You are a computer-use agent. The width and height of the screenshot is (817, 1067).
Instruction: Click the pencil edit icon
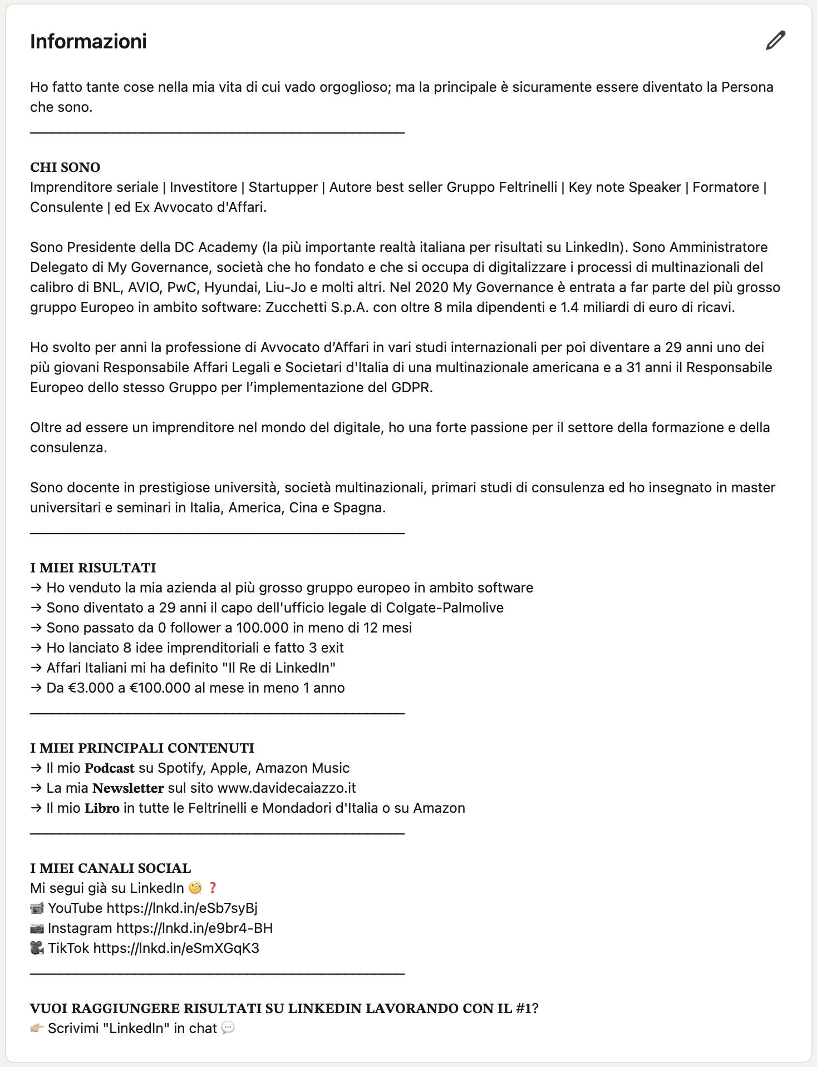tap(775, 41)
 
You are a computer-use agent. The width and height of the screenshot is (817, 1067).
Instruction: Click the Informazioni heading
tap(88, 42)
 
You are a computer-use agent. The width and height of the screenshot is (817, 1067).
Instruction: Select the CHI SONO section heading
tap(65, 167)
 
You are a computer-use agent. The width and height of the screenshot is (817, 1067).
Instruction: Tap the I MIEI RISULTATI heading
tap(93, 568)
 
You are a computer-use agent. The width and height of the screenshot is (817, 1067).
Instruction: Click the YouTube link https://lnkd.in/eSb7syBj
tap(182, 908)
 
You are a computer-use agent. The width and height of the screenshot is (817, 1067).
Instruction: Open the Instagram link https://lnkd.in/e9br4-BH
tap(194, 928)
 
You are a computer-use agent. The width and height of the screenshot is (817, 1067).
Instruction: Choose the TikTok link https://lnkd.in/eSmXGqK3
tap(176, 949)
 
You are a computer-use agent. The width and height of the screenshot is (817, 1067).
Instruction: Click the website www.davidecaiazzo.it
tap(287, 788)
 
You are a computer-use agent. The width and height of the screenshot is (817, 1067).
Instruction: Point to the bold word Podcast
tap(110, 768)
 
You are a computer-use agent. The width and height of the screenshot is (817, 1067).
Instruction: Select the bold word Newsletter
tap(128, 788)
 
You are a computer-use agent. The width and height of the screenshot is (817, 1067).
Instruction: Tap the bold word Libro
tap(102, 808)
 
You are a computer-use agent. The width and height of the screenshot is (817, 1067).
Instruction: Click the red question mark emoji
tap(213, 888)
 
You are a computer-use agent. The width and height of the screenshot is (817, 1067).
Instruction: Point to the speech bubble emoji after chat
tap(228, 1028)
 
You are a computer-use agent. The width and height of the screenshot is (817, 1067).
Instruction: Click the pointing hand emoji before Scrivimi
tap(37, 1028)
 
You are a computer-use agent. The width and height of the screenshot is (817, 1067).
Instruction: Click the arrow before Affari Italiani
tap(36, 668)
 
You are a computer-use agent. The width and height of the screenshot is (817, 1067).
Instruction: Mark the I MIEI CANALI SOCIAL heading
tap(111, 868)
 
